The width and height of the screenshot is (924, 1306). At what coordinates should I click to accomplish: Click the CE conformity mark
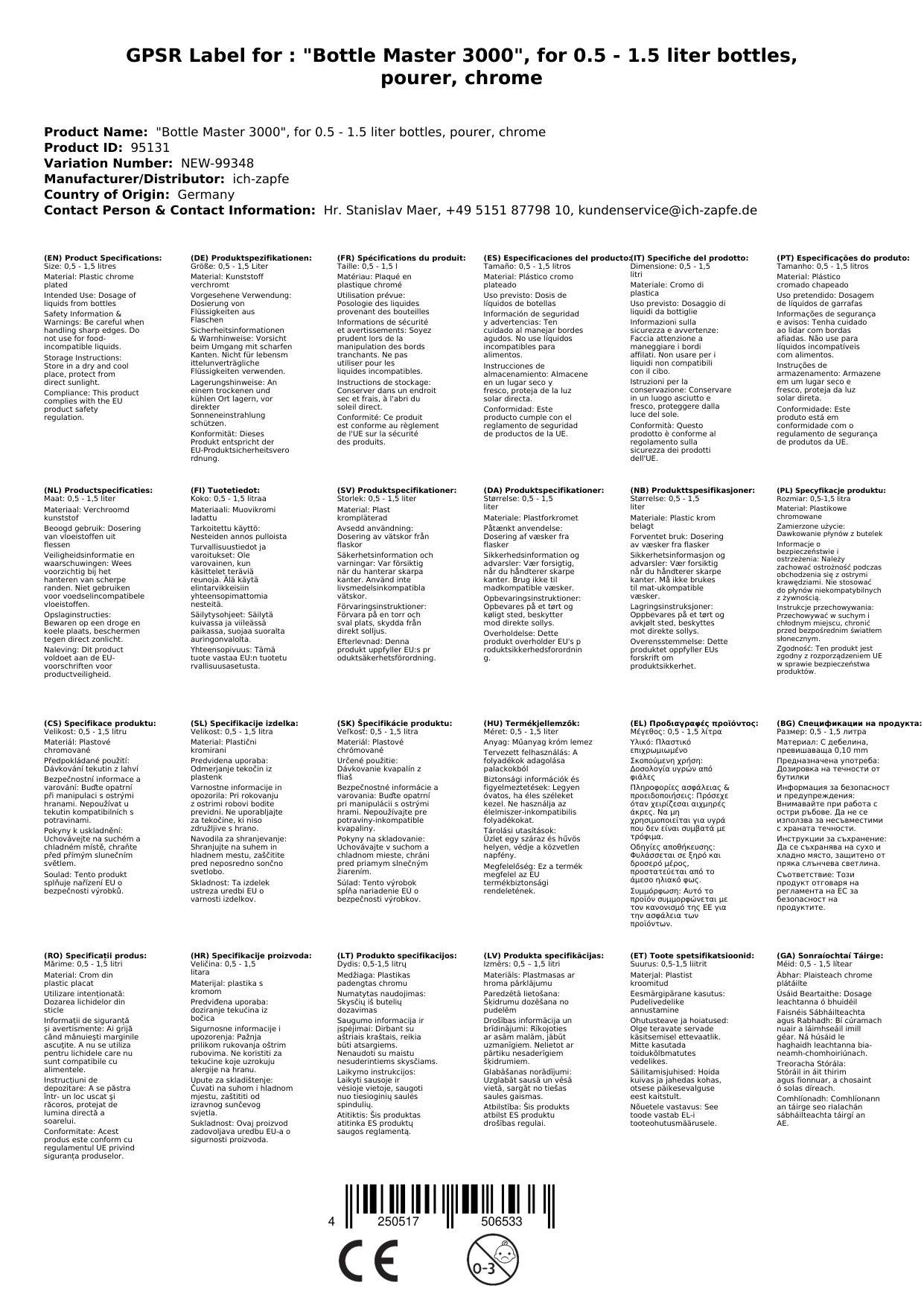(368, 1261)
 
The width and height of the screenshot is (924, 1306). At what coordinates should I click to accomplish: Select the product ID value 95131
(150, 147)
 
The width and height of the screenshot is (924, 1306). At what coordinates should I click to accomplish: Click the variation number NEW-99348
(217, 163)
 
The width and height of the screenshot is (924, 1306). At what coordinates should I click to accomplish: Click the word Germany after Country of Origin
(205, 194)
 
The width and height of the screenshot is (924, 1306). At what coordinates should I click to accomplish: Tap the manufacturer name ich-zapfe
(260, 179)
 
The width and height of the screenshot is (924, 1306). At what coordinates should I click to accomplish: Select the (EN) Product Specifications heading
(103, 258)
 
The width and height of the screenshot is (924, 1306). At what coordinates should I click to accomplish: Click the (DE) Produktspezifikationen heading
(251, 258)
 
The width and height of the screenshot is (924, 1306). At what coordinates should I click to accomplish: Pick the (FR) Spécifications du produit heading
(401, 258)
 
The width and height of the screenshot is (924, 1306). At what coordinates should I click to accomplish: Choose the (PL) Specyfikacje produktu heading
(831, 490)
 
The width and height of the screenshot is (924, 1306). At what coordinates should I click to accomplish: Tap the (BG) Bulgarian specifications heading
(848, 723)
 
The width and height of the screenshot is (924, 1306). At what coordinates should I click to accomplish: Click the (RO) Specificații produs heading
(95, 955)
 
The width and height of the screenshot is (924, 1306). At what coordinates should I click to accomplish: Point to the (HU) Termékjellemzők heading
(531, 723)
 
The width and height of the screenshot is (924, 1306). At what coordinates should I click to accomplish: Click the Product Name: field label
(96, 132)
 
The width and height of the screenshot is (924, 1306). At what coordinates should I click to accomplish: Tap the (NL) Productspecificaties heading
(98, 490)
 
